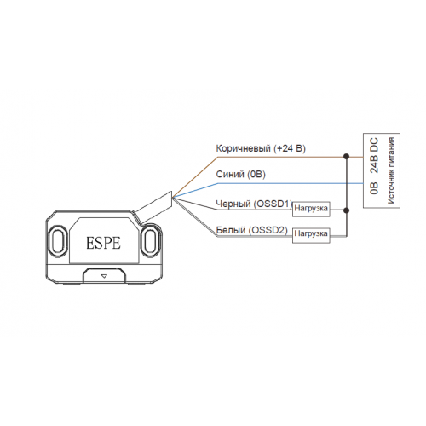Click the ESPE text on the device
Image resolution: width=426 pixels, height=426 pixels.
click(103, 243)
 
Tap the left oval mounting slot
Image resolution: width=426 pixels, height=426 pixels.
click(58, 241)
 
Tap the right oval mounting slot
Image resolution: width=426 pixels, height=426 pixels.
click(150, 240)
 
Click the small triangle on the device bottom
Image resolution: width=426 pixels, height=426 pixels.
click(104, 276)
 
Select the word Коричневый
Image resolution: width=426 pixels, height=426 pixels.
click(243, 148)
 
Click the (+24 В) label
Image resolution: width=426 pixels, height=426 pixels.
click(290, 148)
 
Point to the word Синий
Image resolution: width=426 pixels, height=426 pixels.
click(230, 174)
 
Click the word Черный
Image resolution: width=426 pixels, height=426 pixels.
click(233, 204)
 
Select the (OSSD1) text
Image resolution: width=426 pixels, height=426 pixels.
click(273, 204)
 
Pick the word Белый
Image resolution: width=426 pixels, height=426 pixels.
click(231, 230)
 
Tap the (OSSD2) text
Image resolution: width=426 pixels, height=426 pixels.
click(268, 230)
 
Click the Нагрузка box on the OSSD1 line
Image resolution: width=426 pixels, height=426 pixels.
click(311, 209)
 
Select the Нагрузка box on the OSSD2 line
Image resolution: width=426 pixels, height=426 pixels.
click(311, 234)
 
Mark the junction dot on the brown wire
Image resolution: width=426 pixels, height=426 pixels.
click(346, 156)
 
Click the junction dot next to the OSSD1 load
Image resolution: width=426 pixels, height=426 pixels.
click(346, 210)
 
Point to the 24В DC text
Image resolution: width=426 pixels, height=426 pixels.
click(374, 156)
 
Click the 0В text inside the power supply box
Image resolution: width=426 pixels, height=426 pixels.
click(374, 188)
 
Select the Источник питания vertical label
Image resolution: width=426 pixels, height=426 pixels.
click(391, 170)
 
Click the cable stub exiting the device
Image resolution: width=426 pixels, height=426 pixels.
click(153, 207)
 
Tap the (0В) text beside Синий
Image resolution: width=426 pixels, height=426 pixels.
click(256, 174)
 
